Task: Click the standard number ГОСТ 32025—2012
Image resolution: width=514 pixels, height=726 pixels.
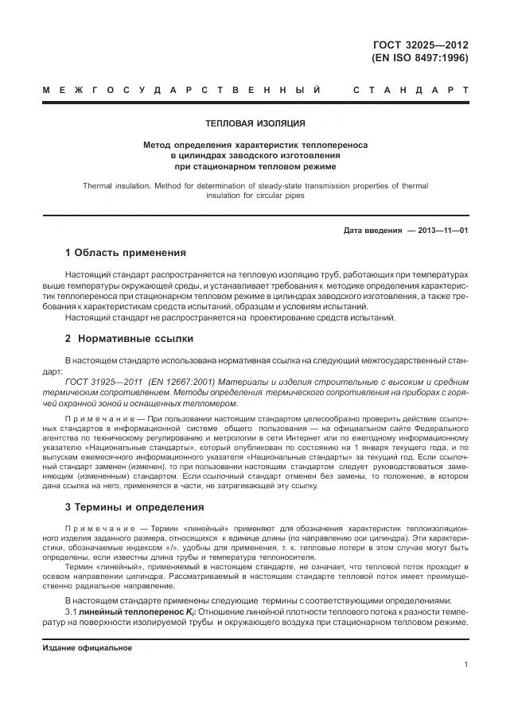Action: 419,45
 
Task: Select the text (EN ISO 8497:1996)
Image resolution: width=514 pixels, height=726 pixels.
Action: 419,58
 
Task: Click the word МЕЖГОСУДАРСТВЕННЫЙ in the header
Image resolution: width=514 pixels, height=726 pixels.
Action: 183,90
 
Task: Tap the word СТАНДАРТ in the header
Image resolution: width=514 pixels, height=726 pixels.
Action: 411,90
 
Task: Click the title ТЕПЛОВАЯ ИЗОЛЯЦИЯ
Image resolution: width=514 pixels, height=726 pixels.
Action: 255,124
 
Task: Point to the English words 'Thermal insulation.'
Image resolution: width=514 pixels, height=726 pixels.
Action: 117,185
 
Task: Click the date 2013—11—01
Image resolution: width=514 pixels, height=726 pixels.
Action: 438,231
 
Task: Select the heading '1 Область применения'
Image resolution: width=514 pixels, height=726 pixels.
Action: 125,253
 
